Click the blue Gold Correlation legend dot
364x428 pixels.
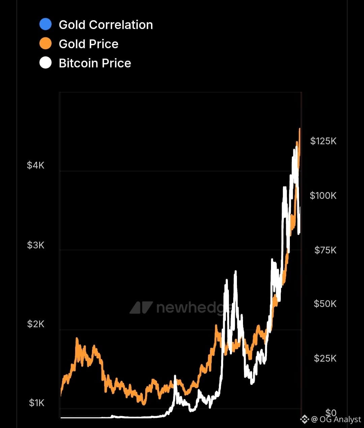pos(45,24)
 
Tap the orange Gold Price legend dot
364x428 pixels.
pos(45,43)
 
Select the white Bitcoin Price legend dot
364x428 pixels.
pos(45,63)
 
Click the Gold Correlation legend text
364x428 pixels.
pos(105,25)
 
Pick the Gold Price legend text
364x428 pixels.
pos(88,44)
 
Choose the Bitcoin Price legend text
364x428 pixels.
pos(95,63)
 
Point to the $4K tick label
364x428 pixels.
pos(36,165)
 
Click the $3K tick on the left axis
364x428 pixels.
pos(36,245)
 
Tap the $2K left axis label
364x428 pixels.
pos(36,324)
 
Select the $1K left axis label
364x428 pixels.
pos(36,403)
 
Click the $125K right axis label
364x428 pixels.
pos(323,141)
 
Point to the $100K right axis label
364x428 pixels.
pos(323,195)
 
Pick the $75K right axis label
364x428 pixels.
pos(325,250)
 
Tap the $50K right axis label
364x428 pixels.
pos(325,304)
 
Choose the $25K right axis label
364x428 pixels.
pos(325,358)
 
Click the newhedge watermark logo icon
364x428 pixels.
pos(141,308)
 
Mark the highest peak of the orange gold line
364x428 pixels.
pos(300,129)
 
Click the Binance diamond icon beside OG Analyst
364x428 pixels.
pos(305,419)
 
